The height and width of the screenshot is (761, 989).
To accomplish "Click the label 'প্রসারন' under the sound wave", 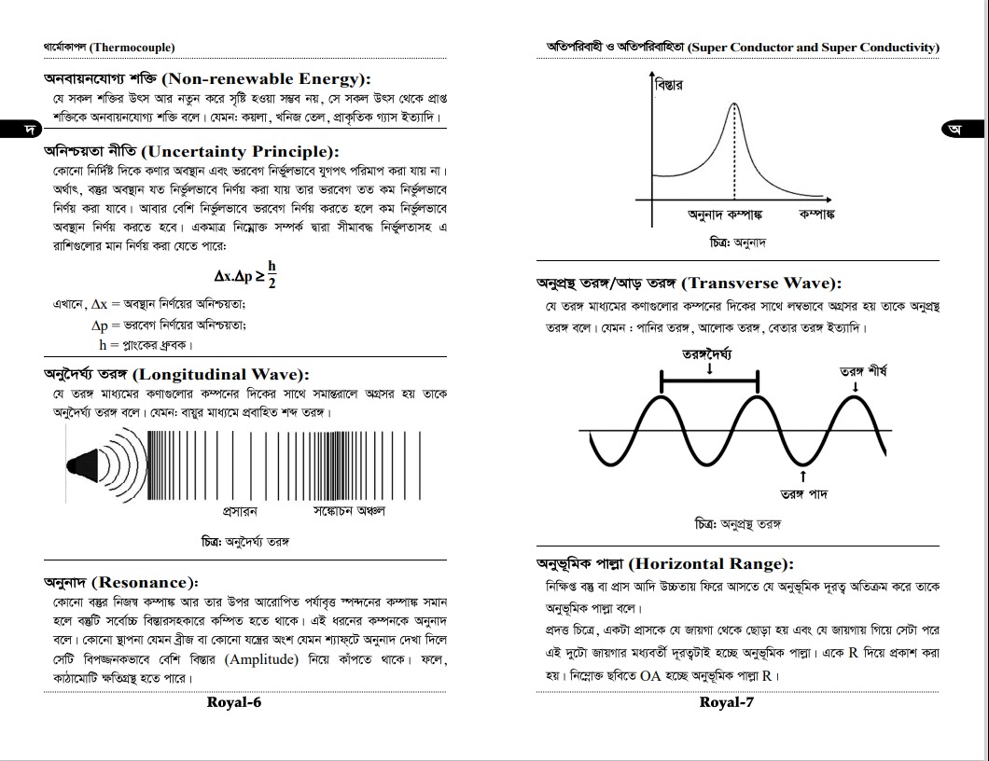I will click(240, 511).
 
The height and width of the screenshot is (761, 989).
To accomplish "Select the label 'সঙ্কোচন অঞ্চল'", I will click(349, 511).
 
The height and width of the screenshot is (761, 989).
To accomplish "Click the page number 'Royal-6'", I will click(233, 702).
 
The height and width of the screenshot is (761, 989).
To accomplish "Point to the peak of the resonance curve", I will click(734, 104).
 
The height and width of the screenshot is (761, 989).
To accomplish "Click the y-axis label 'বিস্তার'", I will click(669, 86).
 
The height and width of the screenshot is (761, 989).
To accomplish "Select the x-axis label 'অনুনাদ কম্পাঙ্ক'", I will click(725, 215).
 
